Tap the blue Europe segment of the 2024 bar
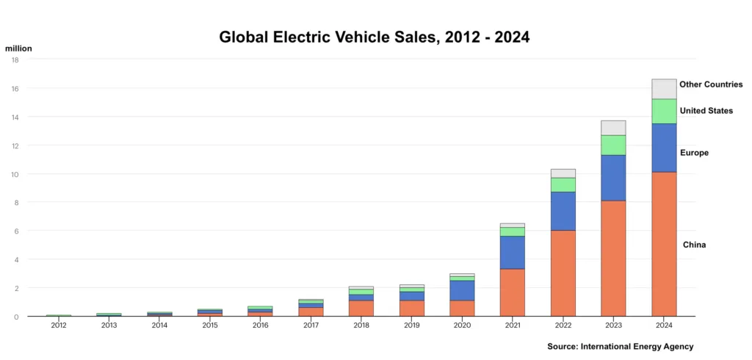coord(663,148)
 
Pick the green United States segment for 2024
coord(663,111)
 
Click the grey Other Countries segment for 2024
coord(663,89)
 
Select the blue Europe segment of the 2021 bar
coord(513,252)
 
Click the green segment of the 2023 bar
coord(613,145)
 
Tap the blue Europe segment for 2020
coord(462,290)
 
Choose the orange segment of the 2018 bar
coord(361,308)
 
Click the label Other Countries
coord(711,84)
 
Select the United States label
coord(706,111)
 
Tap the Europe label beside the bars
coord(694,153)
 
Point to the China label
coord(694,245)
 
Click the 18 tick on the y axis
coord(15,60)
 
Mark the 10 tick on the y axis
coord(15,174)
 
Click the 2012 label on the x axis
coord(59,325)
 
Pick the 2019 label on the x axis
coord(412,325)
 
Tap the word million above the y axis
coord(18,48)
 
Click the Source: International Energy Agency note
coord(620,346)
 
